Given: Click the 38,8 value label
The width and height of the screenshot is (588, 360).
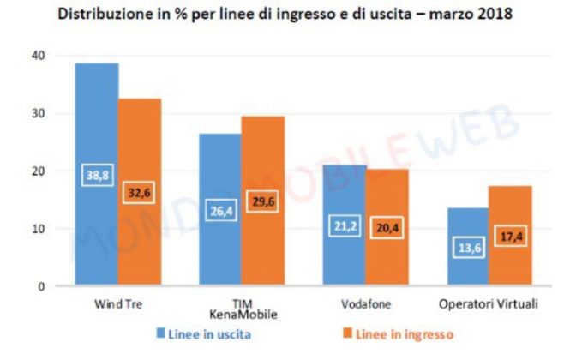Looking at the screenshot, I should (x=97, y=176).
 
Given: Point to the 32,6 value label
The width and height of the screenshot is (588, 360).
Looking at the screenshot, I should (x=139, y=195).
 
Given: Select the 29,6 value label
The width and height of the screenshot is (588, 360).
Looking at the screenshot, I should (x=262, y=202).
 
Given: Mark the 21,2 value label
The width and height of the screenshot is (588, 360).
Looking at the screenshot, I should (x=345, y=227).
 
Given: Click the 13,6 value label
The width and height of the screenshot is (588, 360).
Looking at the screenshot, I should (x=467, y=248).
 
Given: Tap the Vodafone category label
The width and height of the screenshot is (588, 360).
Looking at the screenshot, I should (x=366, y=303).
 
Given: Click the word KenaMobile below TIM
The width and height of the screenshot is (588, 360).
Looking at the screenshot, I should (x=242, y=315).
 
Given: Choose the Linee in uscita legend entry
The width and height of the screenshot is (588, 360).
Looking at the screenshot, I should (x=214, y=333).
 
